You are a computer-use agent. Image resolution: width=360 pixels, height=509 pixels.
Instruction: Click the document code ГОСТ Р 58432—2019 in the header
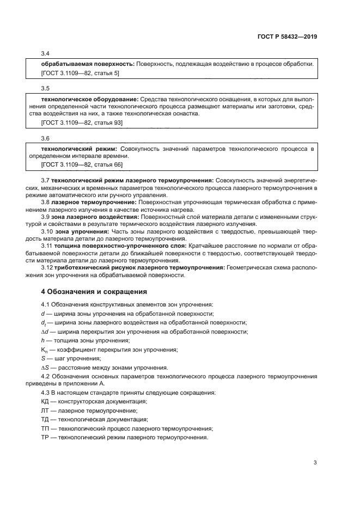coord(286,37)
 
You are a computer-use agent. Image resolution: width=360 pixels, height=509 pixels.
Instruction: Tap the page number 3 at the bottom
coord(315,463)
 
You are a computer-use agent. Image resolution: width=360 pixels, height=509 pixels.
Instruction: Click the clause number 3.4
coord(46,54)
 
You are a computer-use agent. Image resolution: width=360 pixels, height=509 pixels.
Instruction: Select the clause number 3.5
coord(46,88)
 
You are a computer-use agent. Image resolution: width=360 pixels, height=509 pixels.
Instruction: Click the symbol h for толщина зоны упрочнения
coord(43,340)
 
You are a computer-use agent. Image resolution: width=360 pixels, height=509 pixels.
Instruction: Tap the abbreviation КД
coord(45,401)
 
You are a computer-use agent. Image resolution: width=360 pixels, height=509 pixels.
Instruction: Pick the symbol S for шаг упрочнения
coord(43,359)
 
